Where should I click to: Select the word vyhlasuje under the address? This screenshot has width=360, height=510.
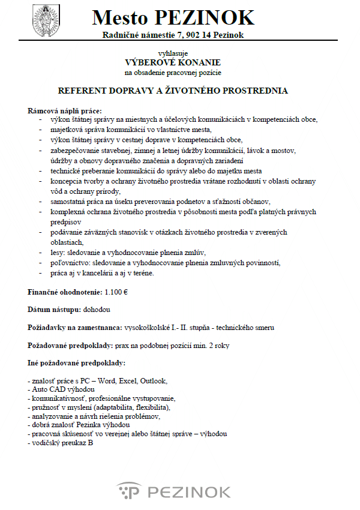pyautogui.click(x=172, y=53)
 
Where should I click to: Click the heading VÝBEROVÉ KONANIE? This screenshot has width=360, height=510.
pyautogui.click(x=173, y=62)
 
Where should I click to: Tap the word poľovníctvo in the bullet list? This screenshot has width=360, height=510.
pyautogui.click(x=71, y=263)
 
